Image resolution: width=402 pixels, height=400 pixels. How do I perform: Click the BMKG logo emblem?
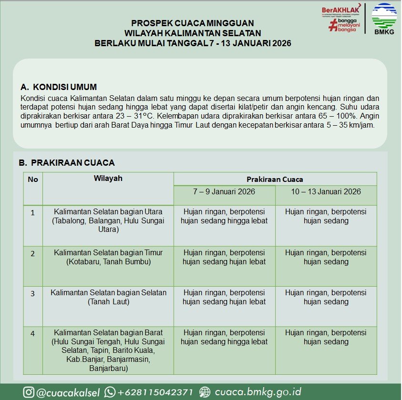tap(384, 16)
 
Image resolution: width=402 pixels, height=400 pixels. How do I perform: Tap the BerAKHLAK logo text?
tap(340, 10)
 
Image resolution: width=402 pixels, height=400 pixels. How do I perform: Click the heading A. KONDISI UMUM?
tap(59, 87)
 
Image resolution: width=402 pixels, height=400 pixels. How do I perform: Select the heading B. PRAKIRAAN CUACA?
tap(67, 163)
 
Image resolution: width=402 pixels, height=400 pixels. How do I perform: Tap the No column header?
tap(33, 180)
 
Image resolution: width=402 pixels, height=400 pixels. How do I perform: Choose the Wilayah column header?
tap(108, 179)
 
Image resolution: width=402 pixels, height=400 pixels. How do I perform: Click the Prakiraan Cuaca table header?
tap(275, 180)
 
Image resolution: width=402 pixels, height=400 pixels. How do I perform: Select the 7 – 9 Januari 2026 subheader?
tap(224, 192)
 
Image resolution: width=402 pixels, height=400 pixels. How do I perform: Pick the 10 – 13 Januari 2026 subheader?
tap(326, 192)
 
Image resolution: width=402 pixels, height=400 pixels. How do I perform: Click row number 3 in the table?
tap(33, 293)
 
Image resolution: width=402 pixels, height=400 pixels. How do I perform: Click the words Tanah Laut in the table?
tap(108, 301)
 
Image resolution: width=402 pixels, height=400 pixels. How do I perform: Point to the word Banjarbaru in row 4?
tap(108, 368)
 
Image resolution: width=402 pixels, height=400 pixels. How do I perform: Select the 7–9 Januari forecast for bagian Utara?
tap(224, 216)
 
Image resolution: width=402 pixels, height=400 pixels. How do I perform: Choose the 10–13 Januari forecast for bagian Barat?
tap(326, 337)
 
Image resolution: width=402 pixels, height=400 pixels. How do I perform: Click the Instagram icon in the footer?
tap(29, 392)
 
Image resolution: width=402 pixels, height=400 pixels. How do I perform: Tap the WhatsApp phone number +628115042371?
tap(155, 392)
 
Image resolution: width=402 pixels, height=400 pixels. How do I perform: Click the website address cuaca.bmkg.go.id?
tap(258, 392)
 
